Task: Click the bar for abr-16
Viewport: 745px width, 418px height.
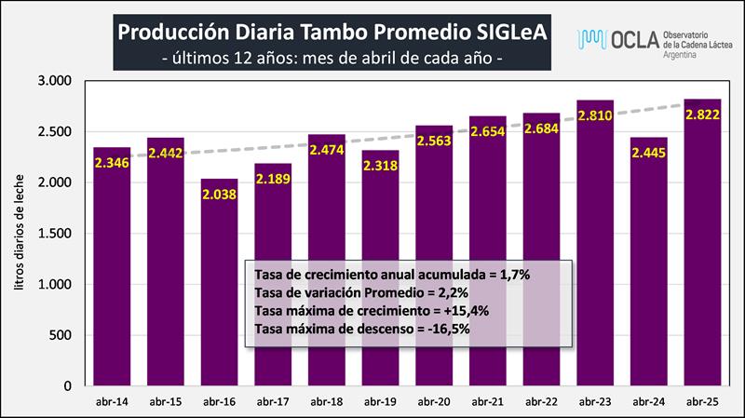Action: [219, 298]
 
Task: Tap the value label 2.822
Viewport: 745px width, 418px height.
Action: [703, 115]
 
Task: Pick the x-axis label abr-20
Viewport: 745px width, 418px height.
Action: [434, 401]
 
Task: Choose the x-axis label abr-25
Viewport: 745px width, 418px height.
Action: [703, 401]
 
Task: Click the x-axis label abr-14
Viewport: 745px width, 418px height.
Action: [112, 401]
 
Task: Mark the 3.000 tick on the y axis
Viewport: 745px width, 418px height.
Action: [57, 81]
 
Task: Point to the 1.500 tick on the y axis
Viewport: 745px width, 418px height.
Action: [57, 234]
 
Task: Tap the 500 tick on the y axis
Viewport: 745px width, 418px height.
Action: [61, 335]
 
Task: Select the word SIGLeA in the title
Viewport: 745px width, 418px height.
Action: [503, 31]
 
